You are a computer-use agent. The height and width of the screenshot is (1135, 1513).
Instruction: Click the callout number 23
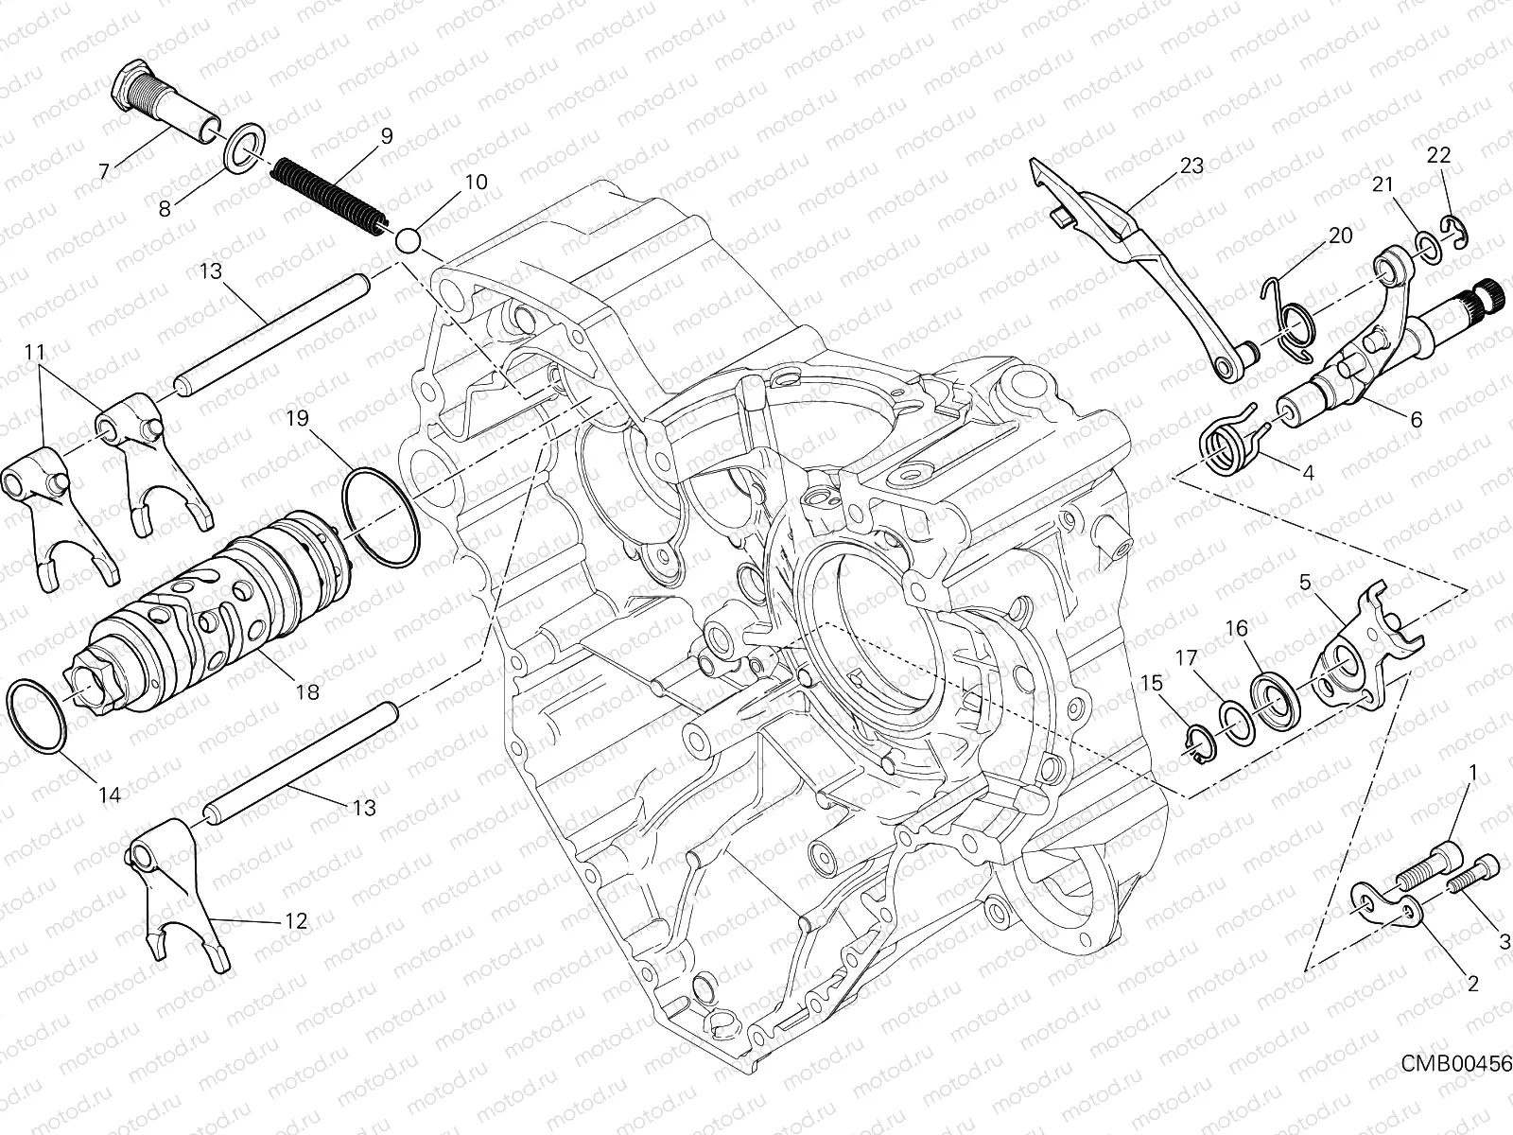point(1218,166)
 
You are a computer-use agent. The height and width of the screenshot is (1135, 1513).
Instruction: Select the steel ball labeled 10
point(408,240)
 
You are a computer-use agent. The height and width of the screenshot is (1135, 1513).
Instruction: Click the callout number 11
point(35,352)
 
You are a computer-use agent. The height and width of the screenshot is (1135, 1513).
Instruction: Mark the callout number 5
point(1306,584)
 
